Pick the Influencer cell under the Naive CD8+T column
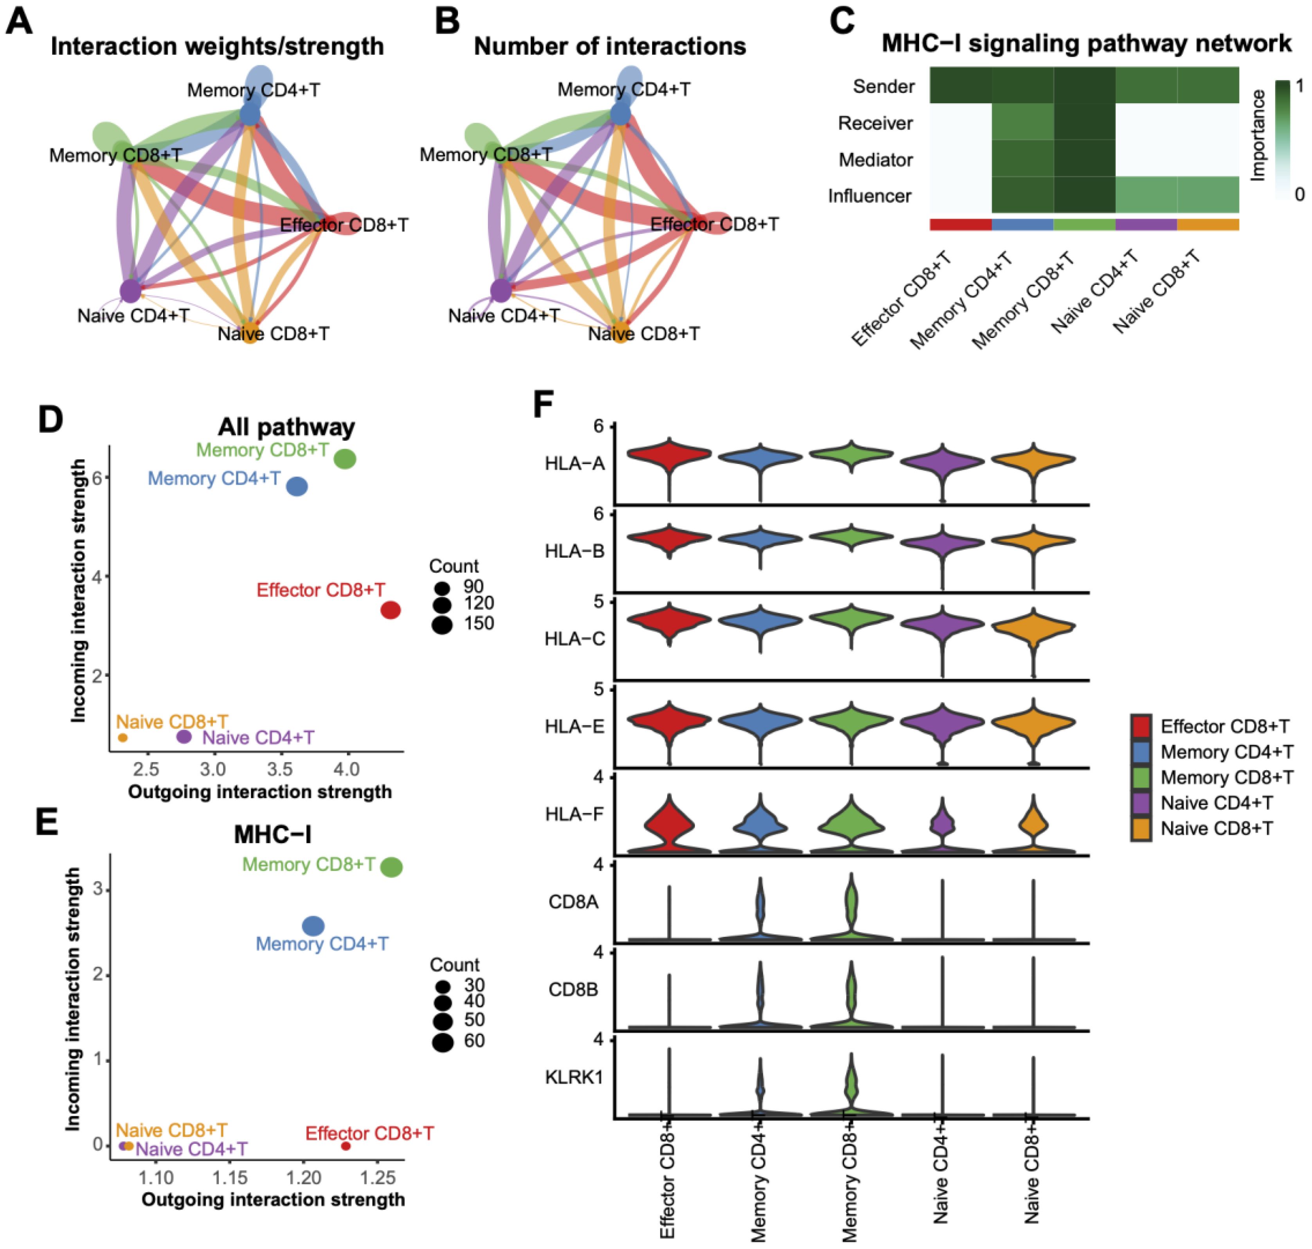pyautogui.click(x=1208, y=195)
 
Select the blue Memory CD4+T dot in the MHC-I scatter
pyautogui.click(x=313, y=926)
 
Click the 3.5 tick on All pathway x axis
pyautogui.click(x=280, y=770)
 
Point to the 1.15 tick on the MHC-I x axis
pyautogui.click(x=230, y=1178)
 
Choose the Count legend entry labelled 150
pyautogui.click(x=441, y=624)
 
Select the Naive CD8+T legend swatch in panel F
pyautogui.click(x=1141, y=828)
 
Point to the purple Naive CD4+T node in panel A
pyautogui.click(x=131, y=291)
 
